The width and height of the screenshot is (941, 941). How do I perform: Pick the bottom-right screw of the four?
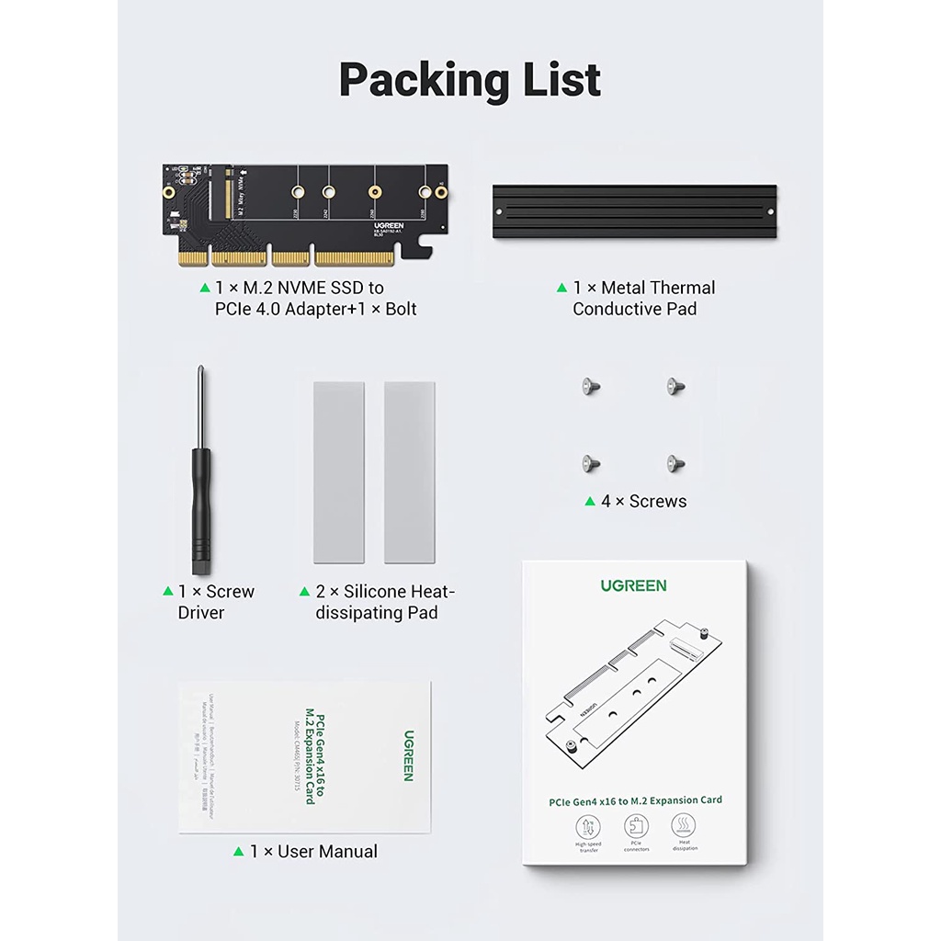coord(677,463)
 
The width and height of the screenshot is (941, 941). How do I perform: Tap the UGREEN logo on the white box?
coord(634,585)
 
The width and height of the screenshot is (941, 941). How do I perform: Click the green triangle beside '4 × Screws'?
coord(590,501)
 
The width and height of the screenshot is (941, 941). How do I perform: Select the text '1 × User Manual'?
coord(313,852)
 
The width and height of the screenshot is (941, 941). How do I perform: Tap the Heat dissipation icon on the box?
coord(685,827)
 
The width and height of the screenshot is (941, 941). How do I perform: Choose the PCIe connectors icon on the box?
coord(636,827)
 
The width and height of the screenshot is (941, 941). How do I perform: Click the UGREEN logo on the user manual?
coord(408,755)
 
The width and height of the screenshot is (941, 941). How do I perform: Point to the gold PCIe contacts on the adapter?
coord(294,258)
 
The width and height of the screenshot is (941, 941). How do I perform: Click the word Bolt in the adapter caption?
coord(401,309)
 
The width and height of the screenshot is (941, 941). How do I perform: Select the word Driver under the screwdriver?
coord(201,612)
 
